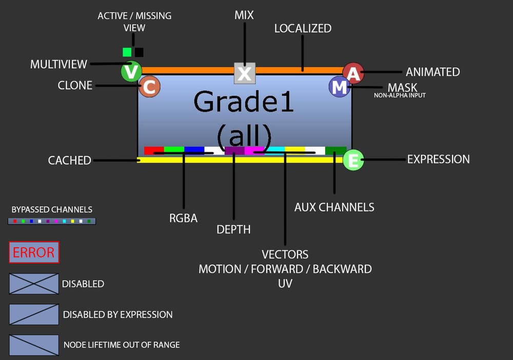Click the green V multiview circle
pos(131,72)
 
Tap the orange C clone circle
pos(149,87)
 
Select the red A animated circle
pos(353,73)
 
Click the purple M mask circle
pos(339,87)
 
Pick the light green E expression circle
pos(353,160)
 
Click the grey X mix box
pos(245,73)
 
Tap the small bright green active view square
pos(127,52)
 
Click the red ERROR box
pos(34,252)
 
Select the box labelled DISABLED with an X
pos(34,284)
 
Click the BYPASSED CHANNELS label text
pos(52,209)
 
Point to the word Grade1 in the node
pos(244,102)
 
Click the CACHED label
pos(69,160)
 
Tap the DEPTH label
pos(233,230)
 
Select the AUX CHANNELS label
pos(334,207)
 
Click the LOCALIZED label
pos(303,29)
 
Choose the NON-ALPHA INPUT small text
pos(400,95)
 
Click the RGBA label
pos(183,218)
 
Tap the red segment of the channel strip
pos(153,150)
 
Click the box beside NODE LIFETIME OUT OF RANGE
pos(34,345)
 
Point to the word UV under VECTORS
pos(285,283)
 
